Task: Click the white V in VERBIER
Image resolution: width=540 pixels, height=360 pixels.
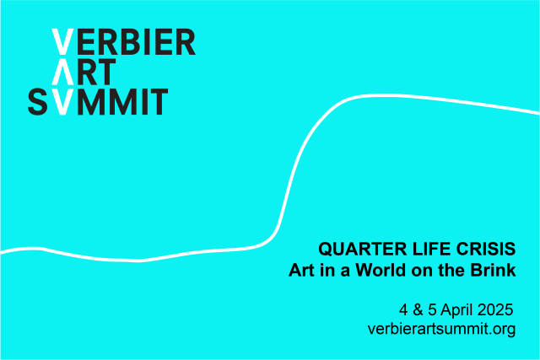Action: tap(62, 41)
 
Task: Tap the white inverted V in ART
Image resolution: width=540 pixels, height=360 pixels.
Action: tap(62, 72)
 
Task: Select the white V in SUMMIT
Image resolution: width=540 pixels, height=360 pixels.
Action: tap(62, 101)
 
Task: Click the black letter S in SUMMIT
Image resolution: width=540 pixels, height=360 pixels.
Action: tap(37, 101)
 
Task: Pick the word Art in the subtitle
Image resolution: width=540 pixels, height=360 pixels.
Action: tap(301, 270)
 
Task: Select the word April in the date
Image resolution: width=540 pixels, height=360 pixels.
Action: tap(456, 310)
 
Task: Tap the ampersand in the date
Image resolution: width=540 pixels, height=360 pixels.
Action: tap(418, 309)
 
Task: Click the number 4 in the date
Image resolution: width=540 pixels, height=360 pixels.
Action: tap(403, 309)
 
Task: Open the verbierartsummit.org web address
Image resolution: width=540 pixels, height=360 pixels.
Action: tap(441, 329)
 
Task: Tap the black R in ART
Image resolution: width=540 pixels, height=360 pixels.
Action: tap(87, 72)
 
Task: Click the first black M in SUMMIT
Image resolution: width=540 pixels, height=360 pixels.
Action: tap(90, 101)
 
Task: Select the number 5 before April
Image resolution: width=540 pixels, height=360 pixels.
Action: tap(432, 309)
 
